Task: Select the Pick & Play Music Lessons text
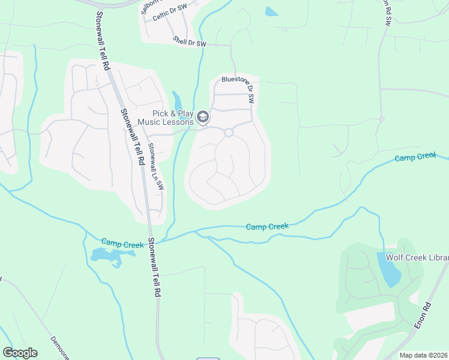pyautogui.click(x=165, y=118)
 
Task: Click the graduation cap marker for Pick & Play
pyautogui.click(x=203, y=117)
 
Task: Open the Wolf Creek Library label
pyautogui.click(x=417, y=257)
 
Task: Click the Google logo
pyautogui.click(x=20, y=353)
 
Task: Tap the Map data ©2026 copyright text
pyautogui.click(x=424, y=355)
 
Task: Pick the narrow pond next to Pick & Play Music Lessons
pyautogui.click(x=177, y=101)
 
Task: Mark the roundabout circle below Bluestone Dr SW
pyautogui.click(x=228, y=133)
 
